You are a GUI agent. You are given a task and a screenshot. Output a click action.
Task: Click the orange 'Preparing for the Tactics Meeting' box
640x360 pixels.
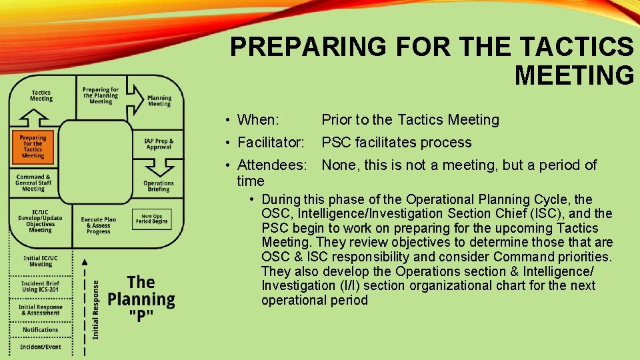[33, 147]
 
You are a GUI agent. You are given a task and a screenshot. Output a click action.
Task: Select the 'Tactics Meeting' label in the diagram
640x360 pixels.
[41, 95]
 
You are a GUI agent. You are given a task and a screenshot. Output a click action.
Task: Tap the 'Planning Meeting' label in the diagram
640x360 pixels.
[159, 101]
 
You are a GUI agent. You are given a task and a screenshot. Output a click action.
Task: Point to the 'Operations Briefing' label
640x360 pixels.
[159, 186]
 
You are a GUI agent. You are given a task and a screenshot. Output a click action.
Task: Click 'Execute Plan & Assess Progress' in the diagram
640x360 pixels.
[99, 225]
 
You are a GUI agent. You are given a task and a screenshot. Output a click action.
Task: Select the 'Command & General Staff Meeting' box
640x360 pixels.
[33, 183]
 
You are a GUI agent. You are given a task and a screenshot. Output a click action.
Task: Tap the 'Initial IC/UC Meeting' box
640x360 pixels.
[41, 261]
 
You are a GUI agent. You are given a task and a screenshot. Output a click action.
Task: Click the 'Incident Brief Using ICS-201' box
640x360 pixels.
[41, 287]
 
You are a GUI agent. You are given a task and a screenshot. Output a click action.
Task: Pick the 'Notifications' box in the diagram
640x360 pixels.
[41, 330]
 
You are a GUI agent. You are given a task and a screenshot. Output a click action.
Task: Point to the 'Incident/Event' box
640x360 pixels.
[41, 347]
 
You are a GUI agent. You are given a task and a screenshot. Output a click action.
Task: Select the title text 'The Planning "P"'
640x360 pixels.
[141, 299]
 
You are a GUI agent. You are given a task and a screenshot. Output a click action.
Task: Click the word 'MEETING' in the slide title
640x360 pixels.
[574, 75]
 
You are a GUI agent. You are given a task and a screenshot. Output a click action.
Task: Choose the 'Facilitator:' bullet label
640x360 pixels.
[270, 143]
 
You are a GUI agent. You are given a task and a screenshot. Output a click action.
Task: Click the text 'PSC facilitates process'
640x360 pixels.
[396, 143]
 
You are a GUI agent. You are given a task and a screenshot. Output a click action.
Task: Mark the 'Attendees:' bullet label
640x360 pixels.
[272, 165]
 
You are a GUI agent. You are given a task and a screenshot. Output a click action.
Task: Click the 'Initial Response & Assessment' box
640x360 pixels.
[41, 309]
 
